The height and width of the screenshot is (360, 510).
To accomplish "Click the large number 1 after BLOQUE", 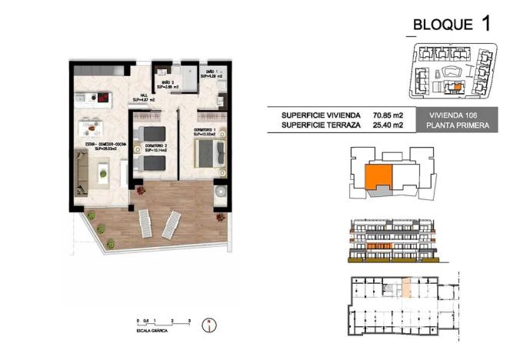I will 485,22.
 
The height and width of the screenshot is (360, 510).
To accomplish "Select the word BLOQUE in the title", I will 443,25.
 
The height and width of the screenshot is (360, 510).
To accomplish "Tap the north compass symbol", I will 206,325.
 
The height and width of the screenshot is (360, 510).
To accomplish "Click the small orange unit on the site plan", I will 458,87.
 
